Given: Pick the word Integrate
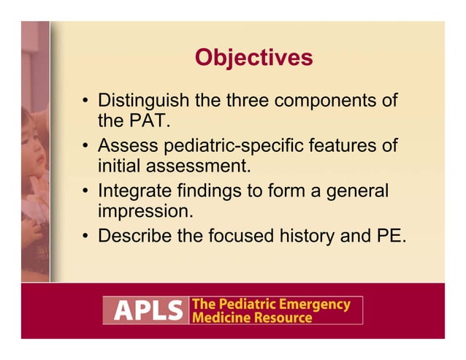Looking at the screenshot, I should (x=135, y=191).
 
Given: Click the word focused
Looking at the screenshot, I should (x=241, y=237).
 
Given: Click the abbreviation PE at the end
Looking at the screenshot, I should (x=389, y=237).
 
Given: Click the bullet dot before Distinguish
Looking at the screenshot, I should (x=85, y=101).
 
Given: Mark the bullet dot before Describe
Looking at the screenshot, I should (x=85, y=237).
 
